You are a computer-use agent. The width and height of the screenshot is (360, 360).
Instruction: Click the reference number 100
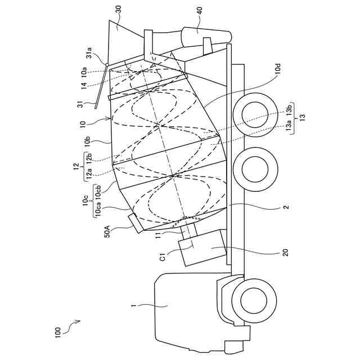[x=57, y=332]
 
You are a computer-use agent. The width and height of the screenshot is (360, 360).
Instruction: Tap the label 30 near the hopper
[x=118, y=10]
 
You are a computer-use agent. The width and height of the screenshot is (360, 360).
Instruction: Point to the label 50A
[x=107, y=231]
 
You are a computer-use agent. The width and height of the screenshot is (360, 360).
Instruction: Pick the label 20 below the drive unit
[x=285, y=253]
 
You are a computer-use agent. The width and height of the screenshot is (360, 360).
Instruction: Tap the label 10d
[x=277, y=69]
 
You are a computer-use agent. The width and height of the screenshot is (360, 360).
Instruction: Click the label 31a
[x=89, y=52]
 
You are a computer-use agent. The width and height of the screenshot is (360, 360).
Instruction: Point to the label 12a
[x=89, y=174]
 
